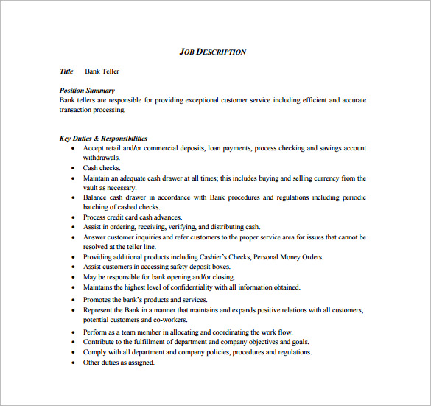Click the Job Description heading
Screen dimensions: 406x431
(x=213, y=52)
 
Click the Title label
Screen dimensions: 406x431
(x=66, y=71)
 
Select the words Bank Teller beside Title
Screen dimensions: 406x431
(x=102, y=71)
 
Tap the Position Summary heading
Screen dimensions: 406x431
(x=87, y=91)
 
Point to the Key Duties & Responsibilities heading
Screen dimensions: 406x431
(x=103, y=138)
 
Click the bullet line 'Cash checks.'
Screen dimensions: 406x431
(x=101, y=168)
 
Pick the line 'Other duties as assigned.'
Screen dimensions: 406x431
(x=119, y=362)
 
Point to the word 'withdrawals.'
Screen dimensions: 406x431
(x=102, y=158)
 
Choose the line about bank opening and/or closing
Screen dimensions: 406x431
(x=147, y=276)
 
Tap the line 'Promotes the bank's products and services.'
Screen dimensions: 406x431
(x=145, y=300)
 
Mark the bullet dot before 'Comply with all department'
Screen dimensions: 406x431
(x=73, y=352)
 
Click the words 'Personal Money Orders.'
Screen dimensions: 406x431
(x=287, y=256)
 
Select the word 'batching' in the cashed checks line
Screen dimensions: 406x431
(x=97, y=208)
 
